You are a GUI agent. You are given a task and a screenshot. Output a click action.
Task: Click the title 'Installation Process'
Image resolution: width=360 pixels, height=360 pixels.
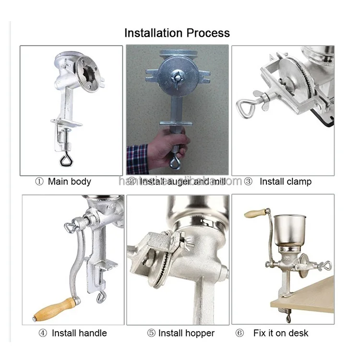(x=177, y=33)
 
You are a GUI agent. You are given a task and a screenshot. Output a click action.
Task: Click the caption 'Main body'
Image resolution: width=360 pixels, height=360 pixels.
(x=69, y=181)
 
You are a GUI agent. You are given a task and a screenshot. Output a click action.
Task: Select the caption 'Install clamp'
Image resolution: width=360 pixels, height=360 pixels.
(x=285, y=181)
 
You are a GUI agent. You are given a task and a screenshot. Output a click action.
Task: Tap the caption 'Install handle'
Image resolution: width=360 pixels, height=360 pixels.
(x=79, y=333)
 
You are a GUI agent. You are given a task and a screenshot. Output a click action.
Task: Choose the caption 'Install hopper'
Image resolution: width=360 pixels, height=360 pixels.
(x=186, y=333)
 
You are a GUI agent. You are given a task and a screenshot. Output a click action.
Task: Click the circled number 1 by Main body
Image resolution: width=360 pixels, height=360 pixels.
(x=39, y=181)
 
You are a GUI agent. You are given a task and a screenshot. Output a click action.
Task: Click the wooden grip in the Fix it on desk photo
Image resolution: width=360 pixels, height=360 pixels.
(x=255, y=213)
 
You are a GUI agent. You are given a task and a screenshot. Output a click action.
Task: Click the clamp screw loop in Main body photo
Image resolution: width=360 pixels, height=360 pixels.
(x=64, y=158)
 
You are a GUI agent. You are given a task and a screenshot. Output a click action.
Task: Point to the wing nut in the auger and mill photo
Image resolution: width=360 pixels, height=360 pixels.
(x=178, y=75)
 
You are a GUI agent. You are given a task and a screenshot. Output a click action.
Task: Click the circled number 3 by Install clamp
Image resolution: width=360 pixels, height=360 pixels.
(x=248, y=181)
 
